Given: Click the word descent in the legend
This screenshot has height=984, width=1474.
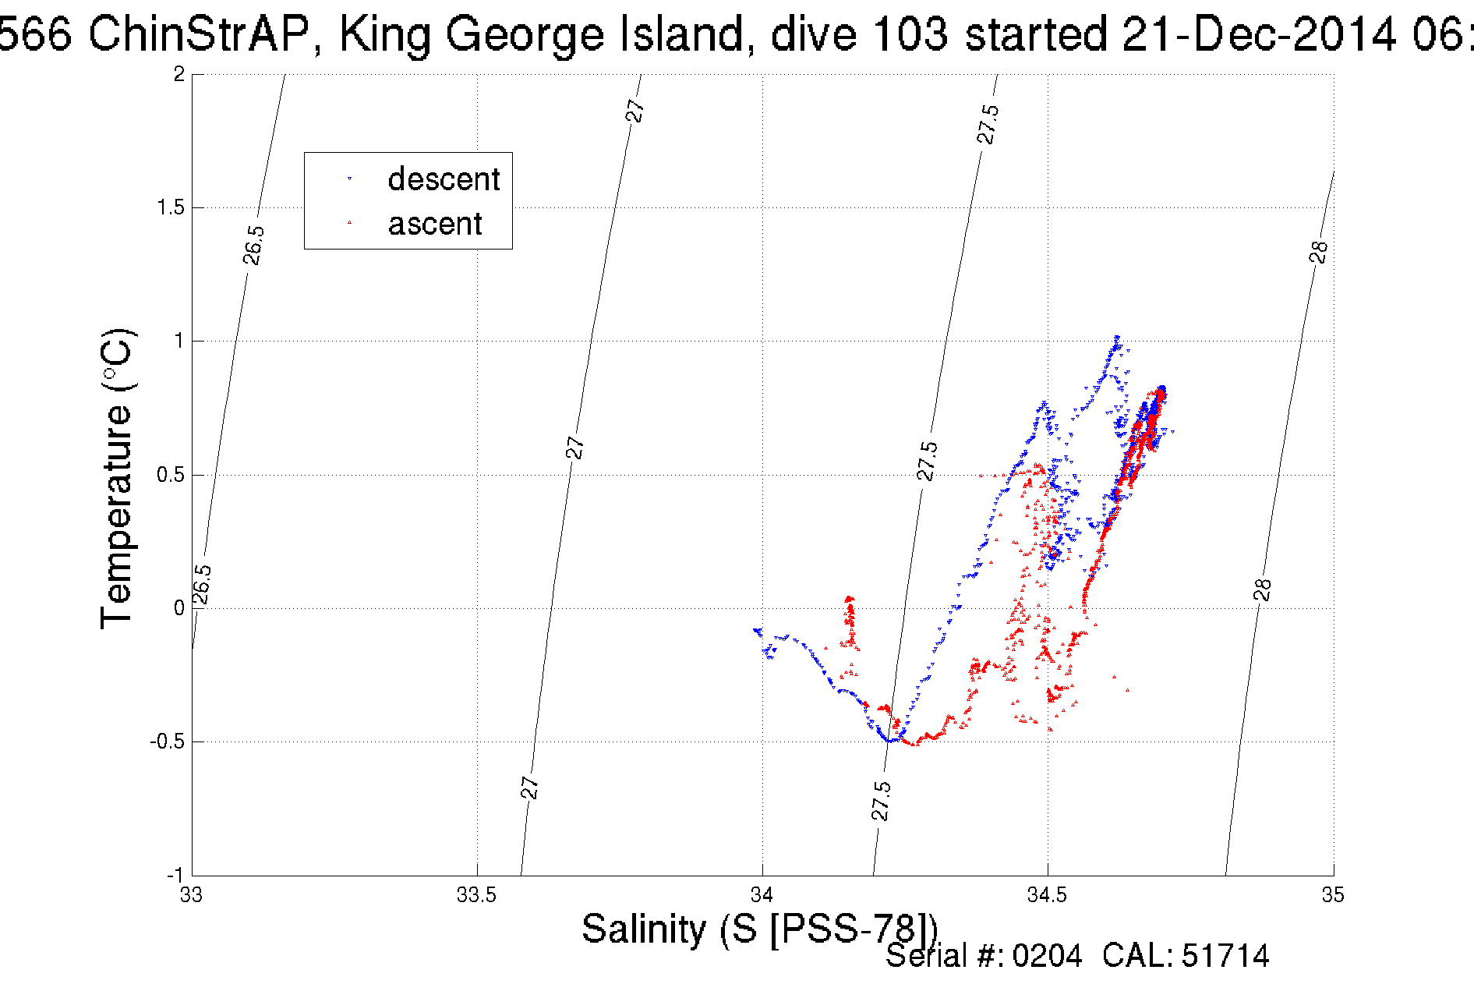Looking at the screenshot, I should click(444, 179).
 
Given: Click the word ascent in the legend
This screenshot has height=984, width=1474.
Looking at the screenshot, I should click(435, 224).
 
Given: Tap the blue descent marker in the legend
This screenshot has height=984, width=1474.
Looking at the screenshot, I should click(349, 179).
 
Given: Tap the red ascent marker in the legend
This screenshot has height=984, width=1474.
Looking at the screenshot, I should click(349, 224).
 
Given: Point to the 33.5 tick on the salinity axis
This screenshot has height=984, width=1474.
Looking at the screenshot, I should click(476, 894).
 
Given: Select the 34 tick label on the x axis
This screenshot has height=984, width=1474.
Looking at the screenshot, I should click(762, 894).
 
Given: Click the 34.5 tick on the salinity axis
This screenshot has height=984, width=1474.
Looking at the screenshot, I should click(1047, 894).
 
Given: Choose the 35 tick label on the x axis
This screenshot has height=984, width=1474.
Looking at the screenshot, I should click(1333, 894).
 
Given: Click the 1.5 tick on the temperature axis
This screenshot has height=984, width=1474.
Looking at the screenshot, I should click(171, 207).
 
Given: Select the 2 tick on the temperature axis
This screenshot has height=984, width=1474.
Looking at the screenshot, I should click(179, 74).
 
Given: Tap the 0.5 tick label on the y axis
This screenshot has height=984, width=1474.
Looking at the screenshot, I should click(171, 475).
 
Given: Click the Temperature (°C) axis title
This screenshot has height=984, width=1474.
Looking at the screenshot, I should click(117, 478).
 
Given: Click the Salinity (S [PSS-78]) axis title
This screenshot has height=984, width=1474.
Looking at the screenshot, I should click(759, 929).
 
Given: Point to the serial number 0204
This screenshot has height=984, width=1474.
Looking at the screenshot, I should click(1047, 956).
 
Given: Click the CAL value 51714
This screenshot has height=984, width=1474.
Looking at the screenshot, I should click(1225, 956).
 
